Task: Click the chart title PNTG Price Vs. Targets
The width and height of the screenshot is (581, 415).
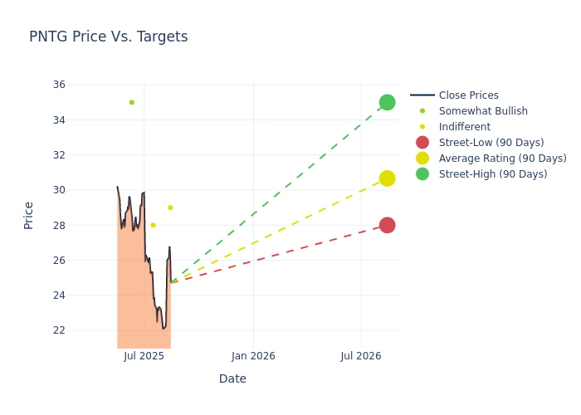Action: pyautogui.click(x=109, y=37)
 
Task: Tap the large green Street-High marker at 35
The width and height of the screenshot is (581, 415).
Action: pyautogui.click(x=387, y=102)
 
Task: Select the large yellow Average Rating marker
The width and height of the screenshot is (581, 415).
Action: pyautogui.click(x=387, y=178)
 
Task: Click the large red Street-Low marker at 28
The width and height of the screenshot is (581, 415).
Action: pyautogui.click(x=387, y=225)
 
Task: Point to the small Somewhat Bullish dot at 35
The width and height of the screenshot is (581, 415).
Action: pyautogui.click(x=131, y=102)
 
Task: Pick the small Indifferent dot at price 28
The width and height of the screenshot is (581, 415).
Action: pyautogui.click(x=153, y=225)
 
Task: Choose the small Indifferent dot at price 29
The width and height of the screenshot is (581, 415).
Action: pyautogui.click(x=170, y=207)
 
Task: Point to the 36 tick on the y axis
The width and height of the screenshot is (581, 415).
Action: pyautogui.click(x=59, y=85)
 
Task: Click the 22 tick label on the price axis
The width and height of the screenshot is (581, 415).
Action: pyautogui.click(x=59, y=330)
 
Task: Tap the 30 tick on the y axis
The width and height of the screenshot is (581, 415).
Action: pyautogui.click(x=59, y=190)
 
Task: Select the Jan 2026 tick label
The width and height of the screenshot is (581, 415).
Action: pyautogui.click(x=253, y=356)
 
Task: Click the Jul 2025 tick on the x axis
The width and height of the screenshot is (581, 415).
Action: pyautogui.click(x=144, y=356)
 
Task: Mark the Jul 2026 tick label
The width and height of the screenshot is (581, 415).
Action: pyautogui.click(x=361, y=356)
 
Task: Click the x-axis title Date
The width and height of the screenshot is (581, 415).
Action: pyautogui.click(x=232, y=378)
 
